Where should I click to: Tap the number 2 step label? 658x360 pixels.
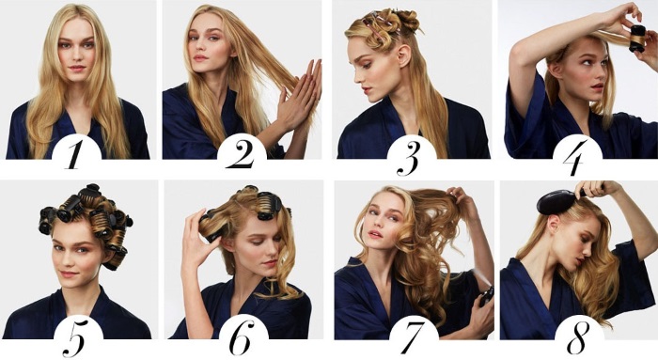[x=242, y=154]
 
